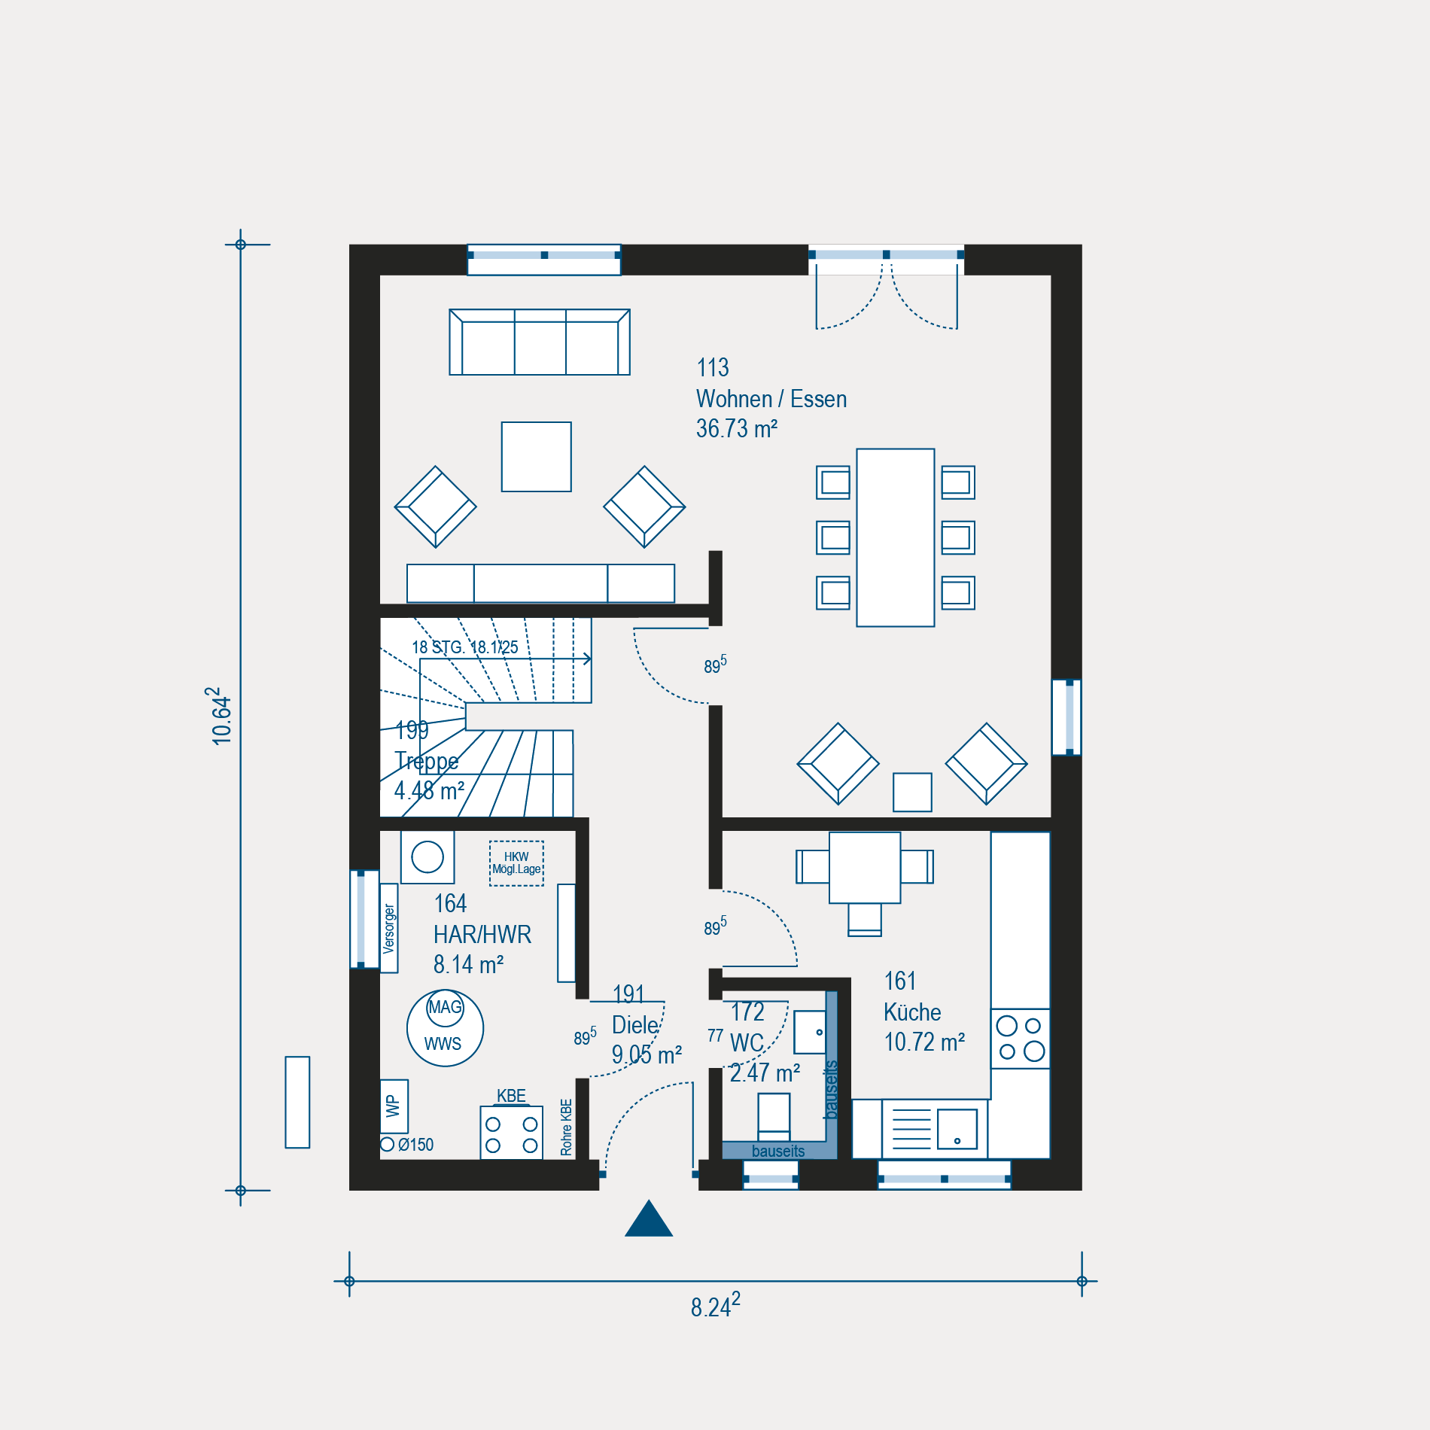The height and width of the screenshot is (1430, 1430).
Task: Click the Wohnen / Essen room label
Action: pos(771,399)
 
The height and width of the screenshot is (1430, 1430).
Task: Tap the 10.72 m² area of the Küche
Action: pos(924,1042)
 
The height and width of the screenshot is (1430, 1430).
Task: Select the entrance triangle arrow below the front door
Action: pos(649,1218)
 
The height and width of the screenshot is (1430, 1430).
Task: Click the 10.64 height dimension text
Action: pos(220,716)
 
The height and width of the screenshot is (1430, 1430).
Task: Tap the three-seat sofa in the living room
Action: pos(540,342)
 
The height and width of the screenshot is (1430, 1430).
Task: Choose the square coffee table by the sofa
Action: pos(537,457)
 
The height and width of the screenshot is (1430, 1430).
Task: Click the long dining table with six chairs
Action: pos(896,537)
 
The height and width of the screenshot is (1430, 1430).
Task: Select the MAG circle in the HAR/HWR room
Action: pos(445,1007)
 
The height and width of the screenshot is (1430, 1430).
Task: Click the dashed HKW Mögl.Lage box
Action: pos(516,863)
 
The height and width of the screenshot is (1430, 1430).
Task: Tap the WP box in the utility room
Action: pos(394,1106)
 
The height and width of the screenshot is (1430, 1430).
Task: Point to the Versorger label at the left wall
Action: pos(389,929)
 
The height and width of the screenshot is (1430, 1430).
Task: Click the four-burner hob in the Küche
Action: pos(1021,1039)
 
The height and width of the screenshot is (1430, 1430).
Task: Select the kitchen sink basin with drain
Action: pos(957,1129)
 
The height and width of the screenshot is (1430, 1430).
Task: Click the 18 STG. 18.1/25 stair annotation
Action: pos(465,647)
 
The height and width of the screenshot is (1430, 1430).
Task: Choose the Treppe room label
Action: pos(427,761)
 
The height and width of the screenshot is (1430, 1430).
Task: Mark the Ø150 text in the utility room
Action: pos(415,1145)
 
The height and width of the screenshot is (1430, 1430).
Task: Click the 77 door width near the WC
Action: pos(715,1036)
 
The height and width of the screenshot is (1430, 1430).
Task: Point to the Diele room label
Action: pos(636,1025)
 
